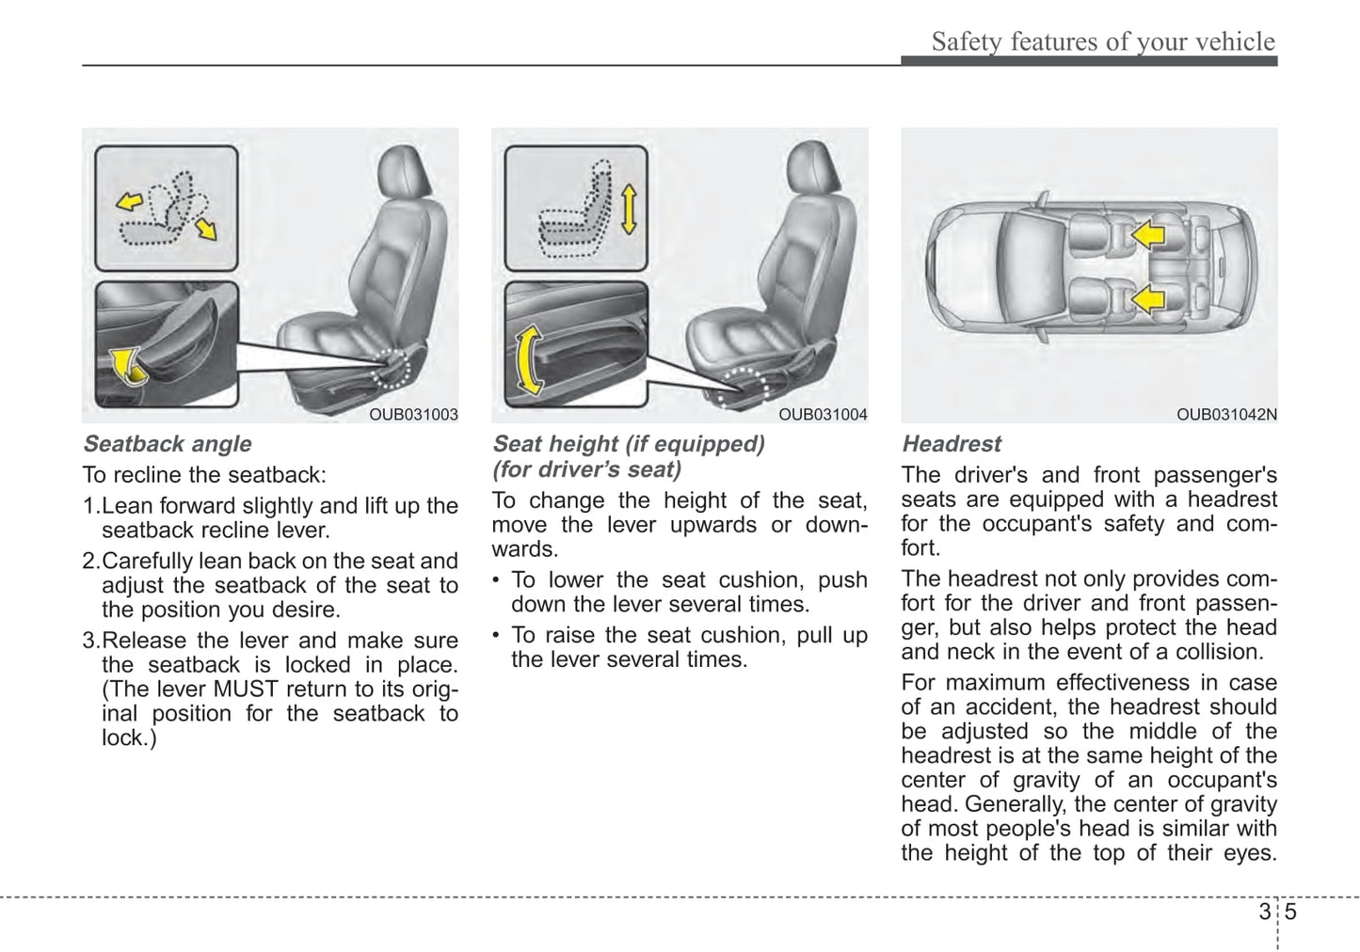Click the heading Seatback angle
[x=168, y=444]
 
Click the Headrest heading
[x=952, y=444]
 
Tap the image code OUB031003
[x=413, y=415]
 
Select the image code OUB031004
[x=823, y=415]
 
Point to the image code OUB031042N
[x=1226, y=415]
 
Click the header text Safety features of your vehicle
[x=1102, y=41]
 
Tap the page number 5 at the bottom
[x=1290, y=912]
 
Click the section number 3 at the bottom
[x=1263, y=912]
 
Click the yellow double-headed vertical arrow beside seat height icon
[x=629, y=209]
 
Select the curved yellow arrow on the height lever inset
[x=529, y=360]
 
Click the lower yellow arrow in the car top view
[x=1147, y=300]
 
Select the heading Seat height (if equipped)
[x=629, y=444]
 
